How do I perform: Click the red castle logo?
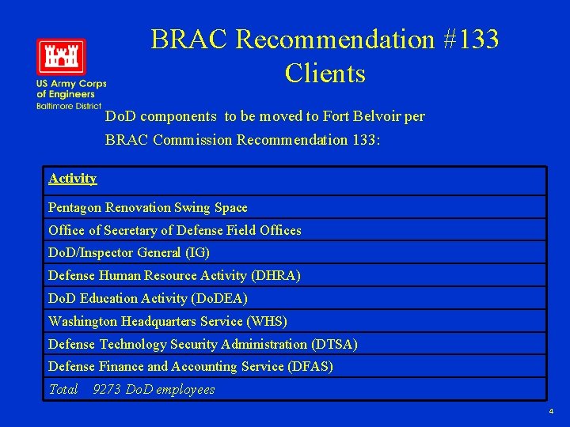click(61, 56)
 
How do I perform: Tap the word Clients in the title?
click(325, 74)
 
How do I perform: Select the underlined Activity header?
click(72, 179)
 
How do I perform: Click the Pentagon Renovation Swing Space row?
click(148, 208)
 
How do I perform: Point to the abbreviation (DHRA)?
click(275, 276)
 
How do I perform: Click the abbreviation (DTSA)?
click(334, 344)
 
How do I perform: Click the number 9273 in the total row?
click(107, 390)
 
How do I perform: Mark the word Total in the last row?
click(63, 390)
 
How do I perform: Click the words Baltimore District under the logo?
click(69, 106)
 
